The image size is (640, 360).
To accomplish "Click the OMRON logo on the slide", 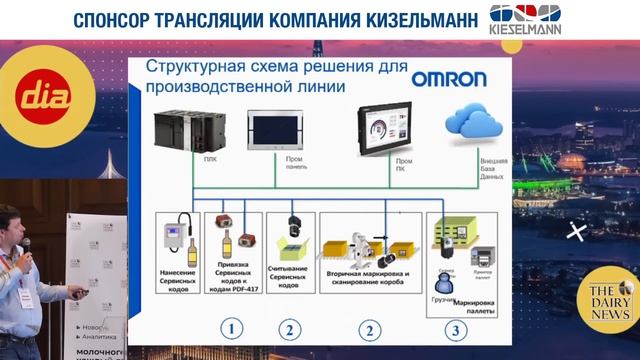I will pos(449,78).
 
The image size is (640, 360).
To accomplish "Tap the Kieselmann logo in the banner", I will pos(525,20).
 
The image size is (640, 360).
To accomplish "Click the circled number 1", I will pos(231,327).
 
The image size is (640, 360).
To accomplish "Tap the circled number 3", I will pos(457,327).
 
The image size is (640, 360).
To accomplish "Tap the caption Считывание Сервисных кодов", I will pos(290,276).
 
